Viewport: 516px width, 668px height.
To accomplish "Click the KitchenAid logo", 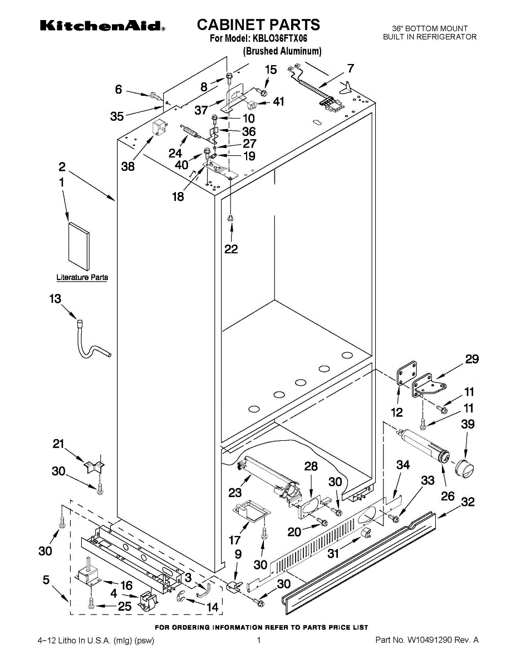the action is click(102, 26).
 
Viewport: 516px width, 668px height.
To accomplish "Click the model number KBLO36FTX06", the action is click(279, 38).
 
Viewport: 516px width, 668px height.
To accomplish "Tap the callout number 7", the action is click(350, 68).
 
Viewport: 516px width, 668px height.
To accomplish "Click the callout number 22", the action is click(231, 249).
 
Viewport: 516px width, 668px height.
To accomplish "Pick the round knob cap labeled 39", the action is click(464, 469).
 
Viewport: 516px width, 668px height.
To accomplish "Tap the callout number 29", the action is click(472, 359).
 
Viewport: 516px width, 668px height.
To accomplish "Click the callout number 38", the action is click(128, 166).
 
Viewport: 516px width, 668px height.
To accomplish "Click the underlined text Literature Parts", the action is click(82, 277).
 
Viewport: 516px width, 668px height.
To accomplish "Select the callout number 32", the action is click(468, 502).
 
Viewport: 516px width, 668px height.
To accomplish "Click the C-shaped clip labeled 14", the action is click(181, 598).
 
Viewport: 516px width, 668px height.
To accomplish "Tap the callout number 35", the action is click(117, 116).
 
